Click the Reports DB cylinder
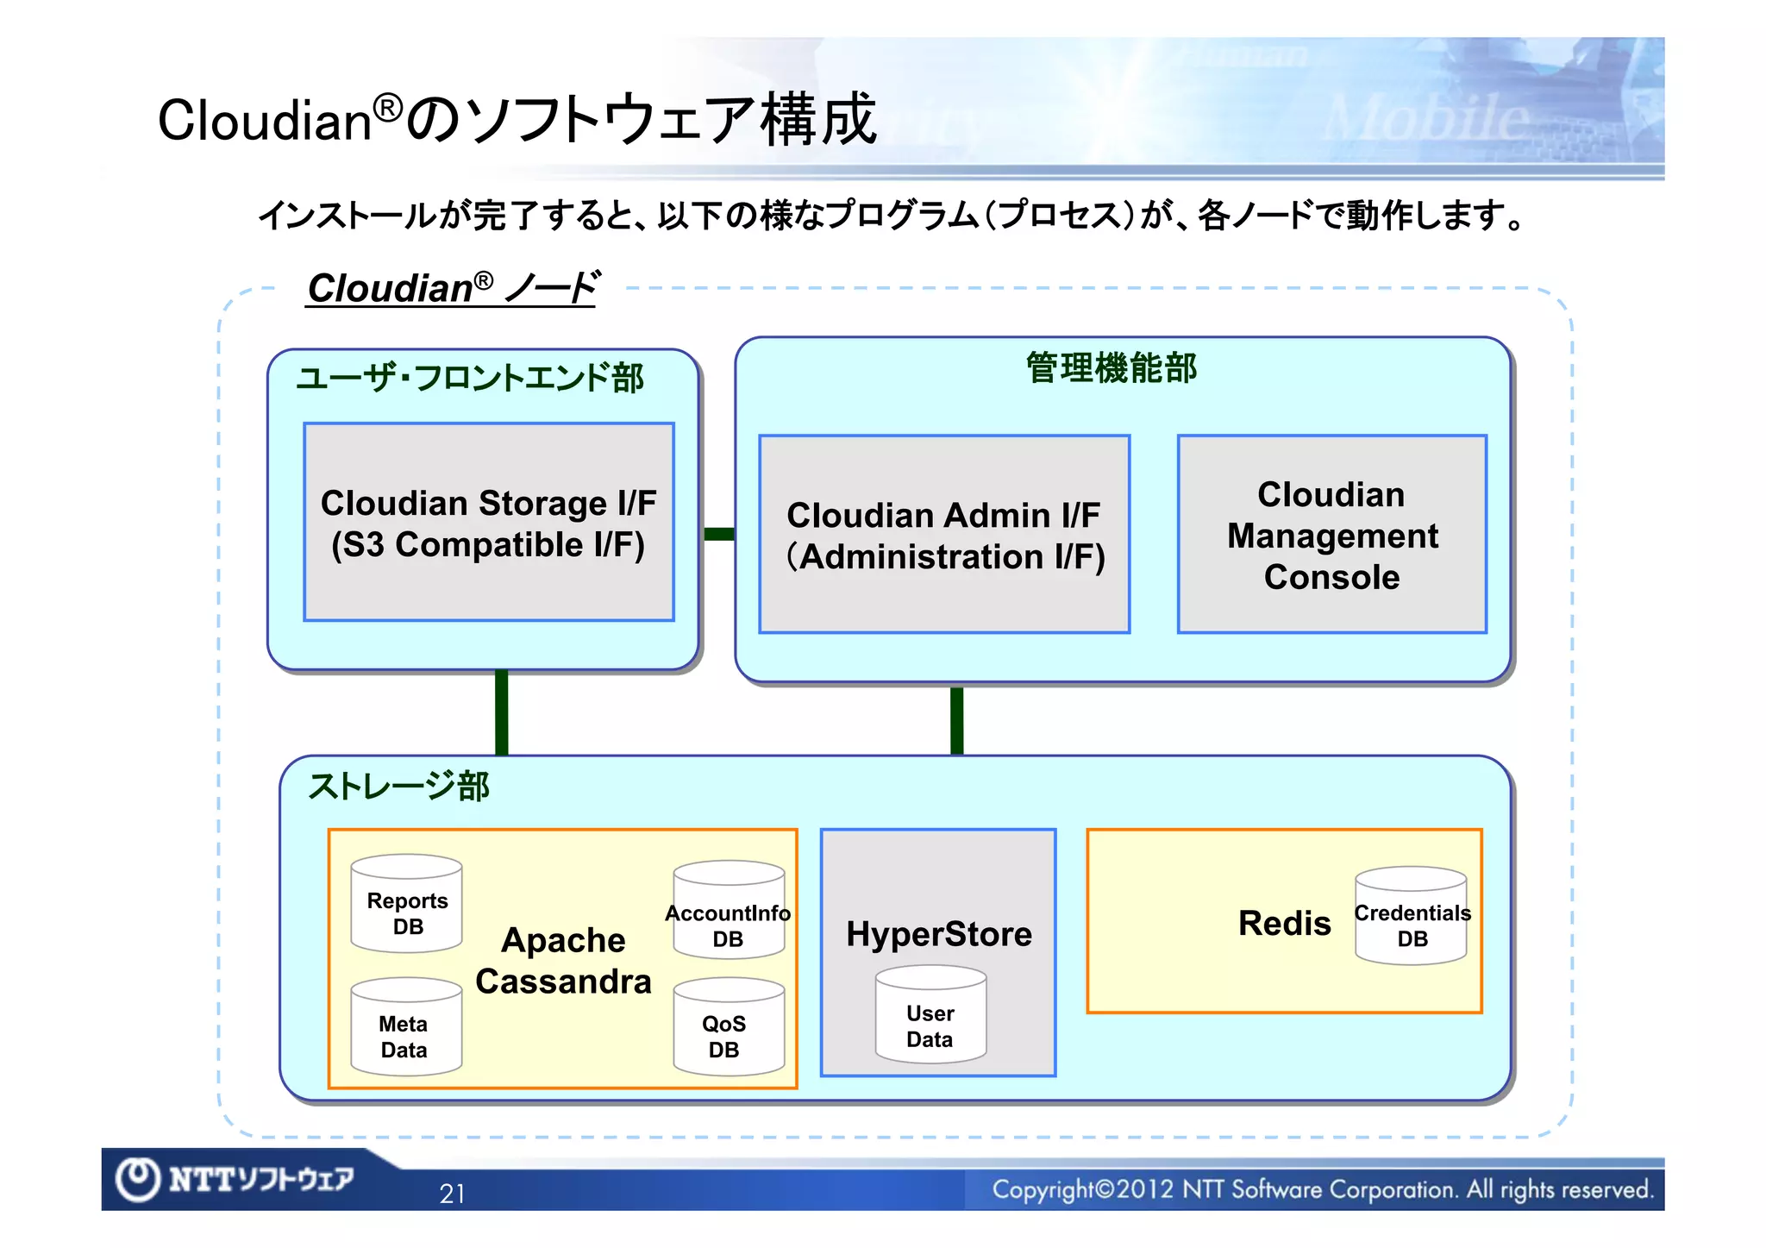pos(407,904)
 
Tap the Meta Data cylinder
pos(406,1027)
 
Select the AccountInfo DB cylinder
pos(729,910)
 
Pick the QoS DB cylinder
pos(729,1027)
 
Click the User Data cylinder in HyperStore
pos(930,1015)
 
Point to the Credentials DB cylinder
pos(1411,916)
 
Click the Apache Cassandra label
pos(563,961)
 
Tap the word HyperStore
pos(938,934)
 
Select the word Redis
pos(1284,923)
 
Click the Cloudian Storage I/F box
pos(489,522)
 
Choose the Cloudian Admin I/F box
pos(944,535)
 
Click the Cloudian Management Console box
pos(1331,535)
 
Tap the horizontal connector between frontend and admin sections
pos(718,534)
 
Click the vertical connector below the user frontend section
pos(502,712)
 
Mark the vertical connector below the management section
pos(956,720)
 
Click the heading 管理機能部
pos(1111,368)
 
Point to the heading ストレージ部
pos(398,786)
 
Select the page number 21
pos(452,1194)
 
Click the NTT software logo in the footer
pos(235,1178)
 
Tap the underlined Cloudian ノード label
pos(452,288)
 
